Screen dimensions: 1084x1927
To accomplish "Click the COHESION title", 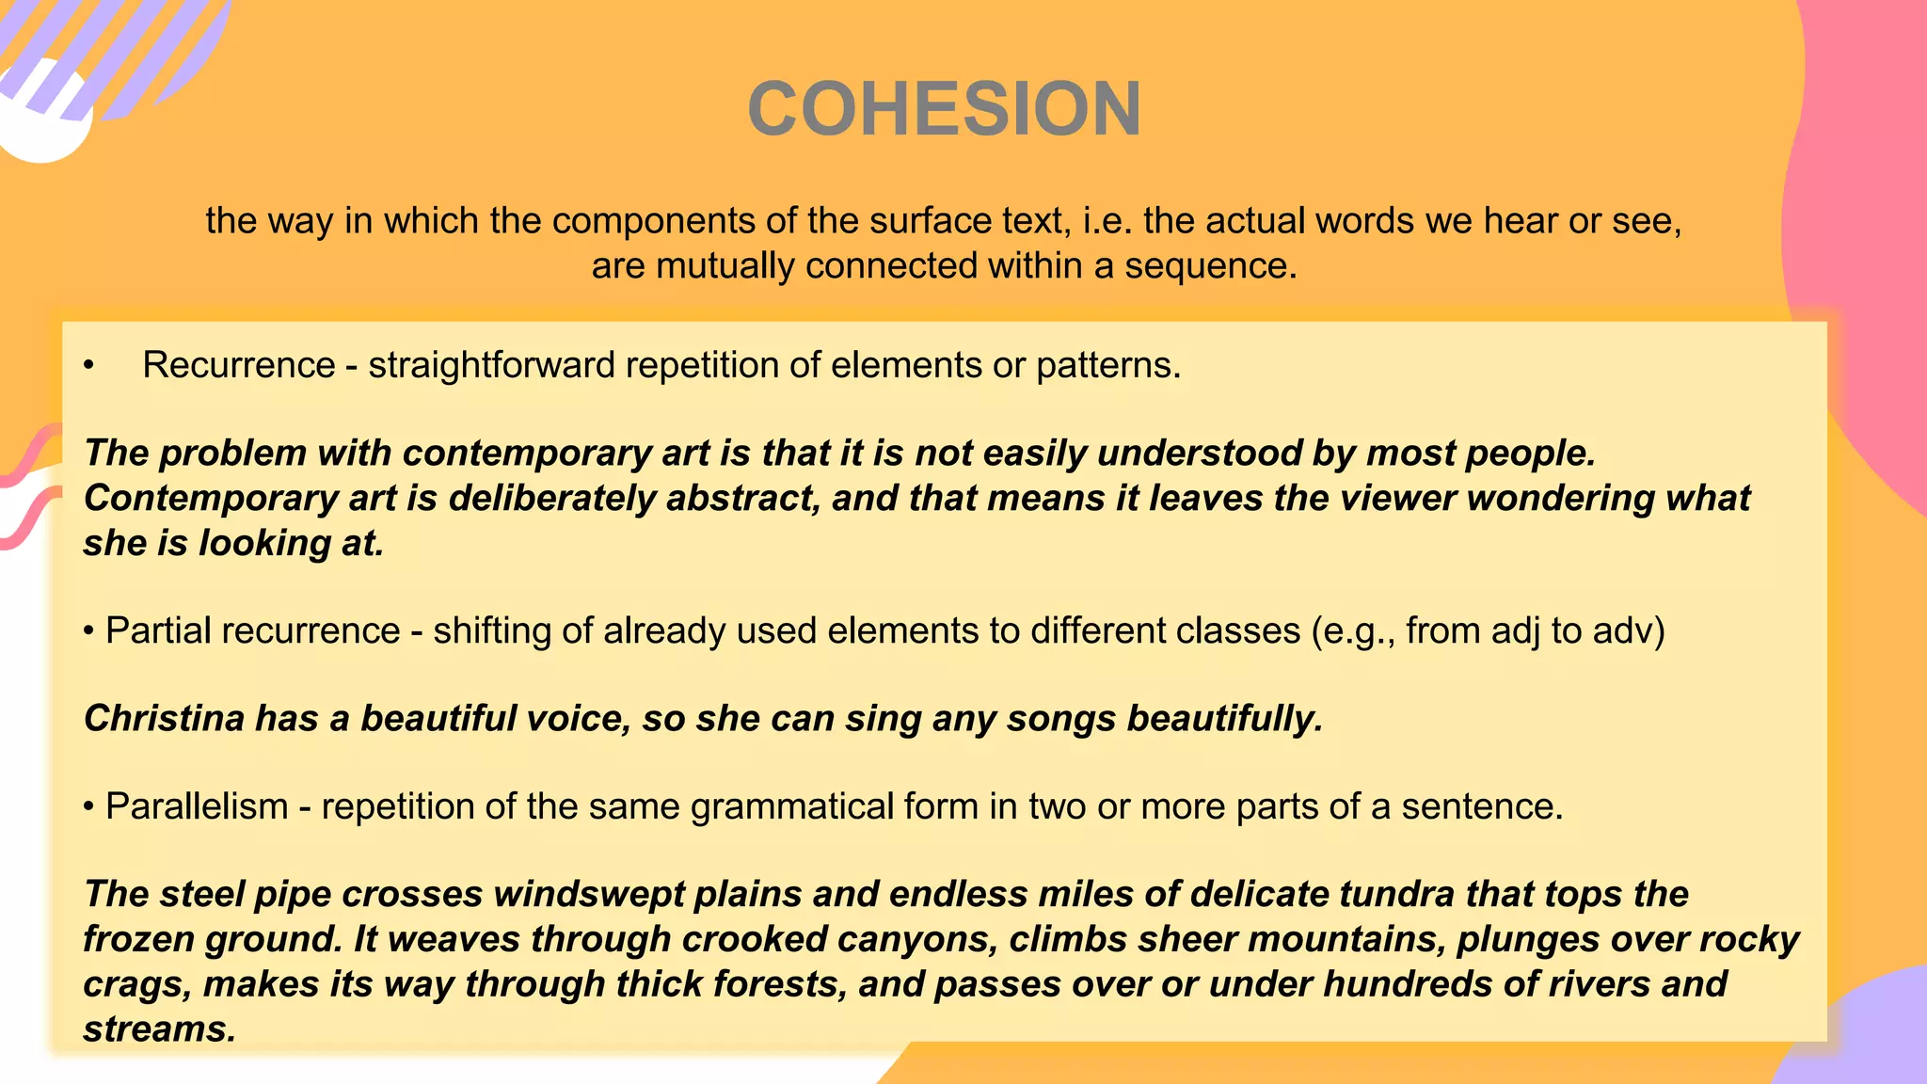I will [944, 109].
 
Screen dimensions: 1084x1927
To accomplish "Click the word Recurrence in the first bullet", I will [239, 365].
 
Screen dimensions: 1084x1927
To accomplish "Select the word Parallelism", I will [197, 806].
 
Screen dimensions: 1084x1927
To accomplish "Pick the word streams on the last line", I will [157, 1029].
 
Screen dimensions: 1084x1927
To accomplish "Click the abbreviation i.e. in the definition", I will [1108, 221].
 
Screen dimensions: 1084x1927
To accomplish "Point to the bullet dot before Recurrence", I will [88, 366].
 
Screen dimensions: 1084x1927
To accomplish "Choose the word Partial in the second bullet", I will [159, 630].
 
